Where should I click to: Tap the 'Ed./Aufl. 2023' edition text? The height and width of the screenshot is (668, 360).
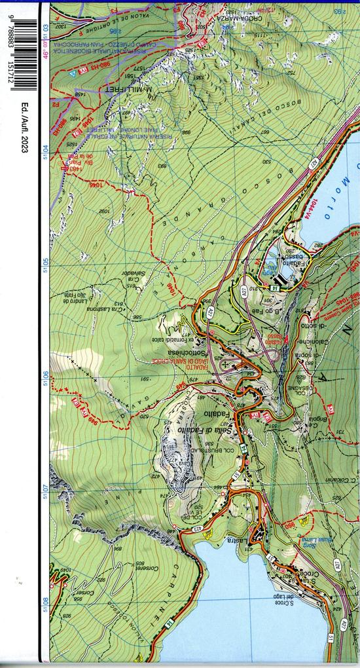point(24,128)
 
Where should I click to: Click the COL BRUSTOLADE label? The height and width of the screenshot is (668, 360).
point(209,450)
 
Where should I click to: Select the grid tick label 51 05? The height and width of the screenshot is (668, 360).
point(45,265)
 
